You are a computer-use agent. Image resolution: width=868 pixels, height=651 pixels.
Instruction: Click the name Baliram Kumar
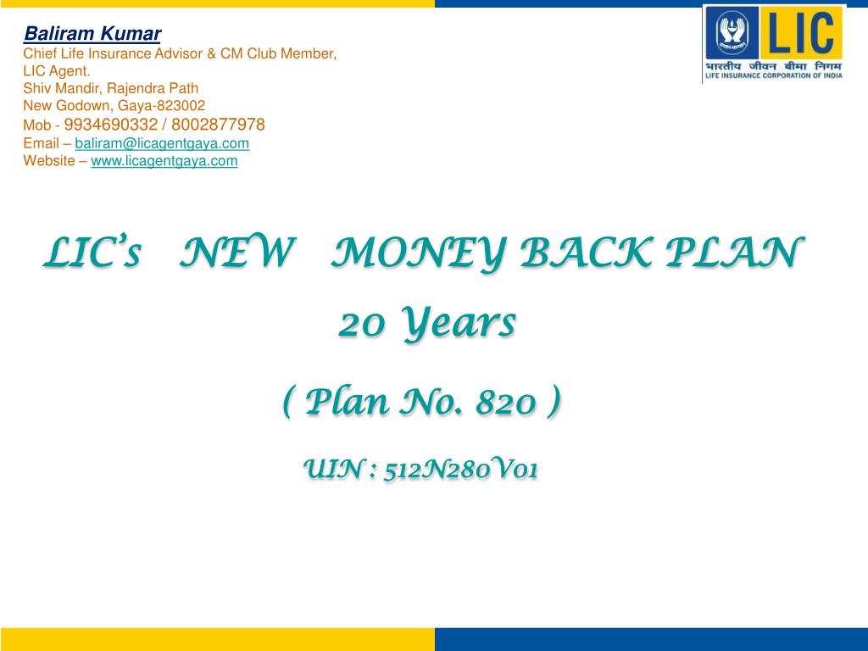[x=92, y=34]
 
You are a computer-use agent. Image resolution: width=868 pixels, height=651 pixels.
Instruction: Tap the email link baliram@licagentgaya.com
[x=162, y=143]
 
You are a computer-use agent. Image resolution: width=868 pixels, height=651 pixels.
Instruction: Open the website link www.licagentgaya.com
[x=164, y=160]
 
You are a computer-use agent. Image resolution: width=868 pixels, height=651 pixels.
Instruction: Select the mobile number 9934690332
[x=122, y=125]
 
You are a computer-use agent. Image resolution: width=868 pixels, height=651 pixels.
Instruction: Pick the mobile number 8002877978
[x=218, y=125]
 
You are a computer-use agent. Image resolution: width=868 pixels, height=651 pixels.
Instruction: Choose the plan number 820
[x=507, y=403]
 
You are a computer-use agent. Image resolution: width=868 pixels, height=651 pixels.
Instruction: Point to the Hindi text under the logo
[x=774, y=64]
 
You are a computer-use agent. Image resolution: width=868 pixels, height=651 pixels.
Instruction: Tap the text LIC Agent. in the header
[x=57, y=70]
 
